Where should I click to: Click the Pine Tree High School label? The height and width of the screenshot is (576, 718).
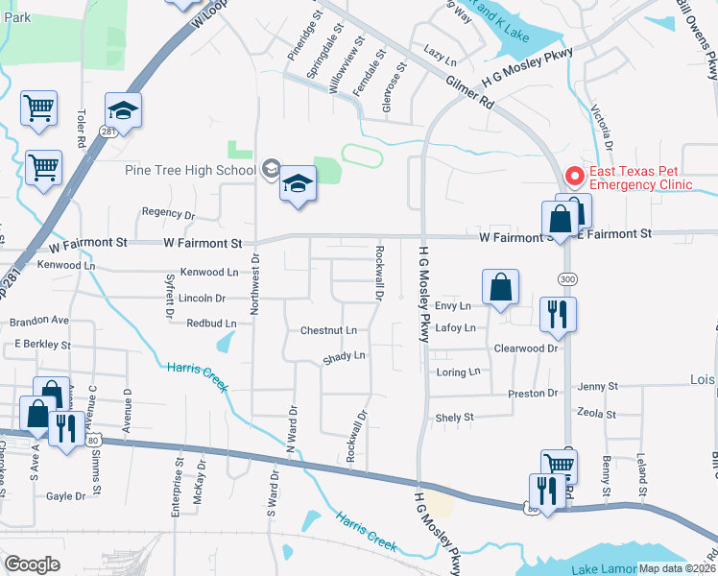(190, 170)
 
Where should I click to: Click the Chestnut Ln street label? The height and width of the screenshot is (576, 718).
(328, 330)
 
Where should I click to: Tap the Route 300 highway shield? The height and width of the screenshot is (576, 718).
(566, 278)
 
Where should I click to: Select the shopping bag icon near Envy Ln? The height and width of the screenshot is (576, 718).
(500, 287)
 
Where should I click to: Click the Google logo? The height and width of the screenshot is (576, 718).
(32, 564)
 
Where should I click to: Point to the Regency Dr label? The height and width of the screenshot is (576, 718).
(168, 214)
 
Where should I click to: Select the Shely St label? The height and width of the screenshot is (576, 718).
(455, 418)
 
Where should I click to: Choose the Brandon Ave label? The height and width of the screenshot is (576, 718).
(40, 320)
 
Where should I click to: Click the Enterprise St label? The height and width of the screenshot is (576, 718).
(178, 487)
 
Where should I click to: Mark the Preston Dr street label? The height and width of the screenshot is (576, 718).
(533, 394)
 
